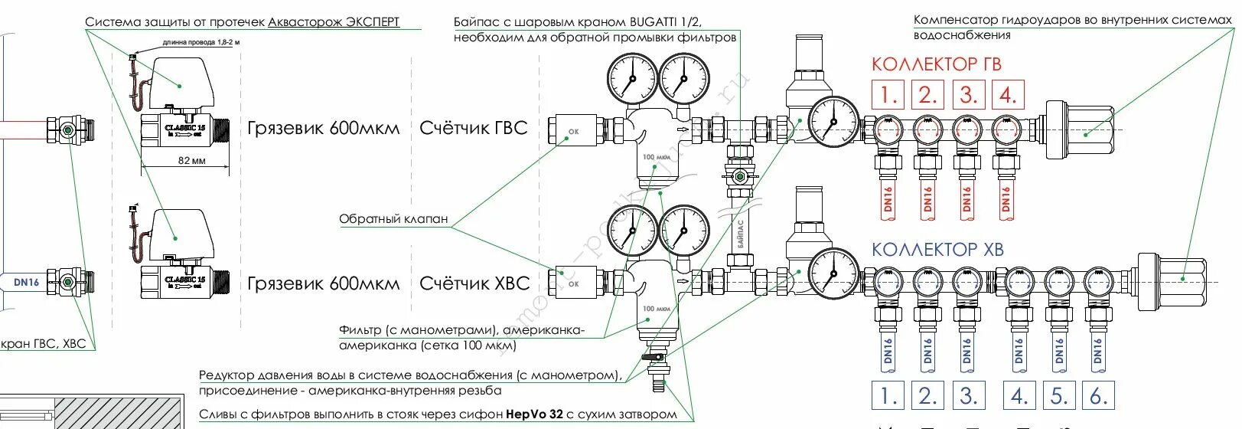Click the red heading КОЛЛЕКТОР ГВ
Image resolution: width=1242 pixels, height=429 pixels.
936,64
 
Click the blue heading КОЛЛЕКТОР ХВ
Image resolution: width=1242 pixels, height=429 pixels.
937,250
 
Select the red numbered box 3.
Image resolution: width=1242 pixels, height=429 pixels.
968,95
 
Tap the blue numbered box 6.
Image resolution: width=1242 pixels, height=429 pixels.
1098,396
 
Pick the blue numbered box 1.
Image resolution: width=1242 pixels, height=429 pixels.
888,396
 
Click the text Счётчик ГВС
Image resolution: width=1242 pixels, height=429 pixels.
474,128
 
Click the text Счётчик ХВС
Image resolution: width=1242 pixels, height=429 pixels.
474,283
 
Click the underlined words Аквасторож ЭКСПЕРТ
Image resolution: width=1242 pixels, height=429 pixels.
334,22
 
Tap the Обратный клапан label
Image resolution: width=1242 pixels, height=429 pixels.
393,219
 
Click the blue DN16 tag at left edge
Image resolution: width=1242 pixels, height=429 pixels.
26,282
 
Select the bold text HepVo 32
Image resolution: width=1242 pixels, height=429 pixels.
534,414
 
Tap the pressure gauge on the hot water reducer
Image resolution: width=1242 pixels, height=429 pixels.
833,121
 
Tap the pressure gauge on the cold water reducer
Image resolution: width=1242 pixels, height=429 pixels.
833,273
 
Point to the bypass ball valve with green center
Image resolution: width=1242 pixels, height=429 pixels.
739,178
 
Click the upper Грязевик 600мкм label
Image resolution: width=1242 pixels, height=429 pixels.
323,128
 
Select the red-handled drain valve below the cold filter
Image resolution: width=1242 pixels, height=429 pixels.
655,359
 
